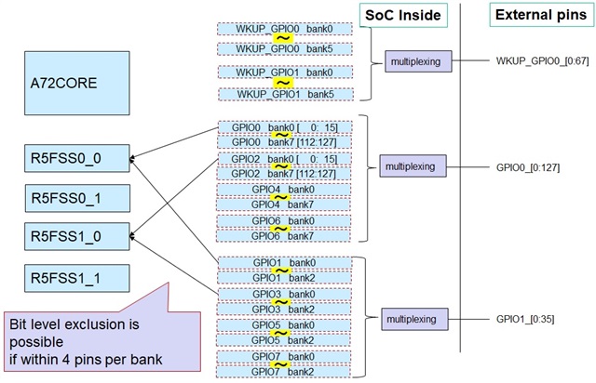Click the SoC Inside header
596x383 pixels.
pos(400,15)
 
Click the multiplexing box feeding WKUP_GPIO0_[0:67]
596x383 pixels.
pos(418,62)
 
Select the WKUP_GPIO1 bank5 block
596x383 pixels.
pos(283,93)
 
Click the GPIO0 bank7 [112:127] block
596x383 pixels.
pos(283,142)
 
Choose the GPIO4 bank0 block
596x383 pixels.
pos(283,190)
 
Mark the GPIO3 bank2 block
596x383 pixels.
pos(283,309)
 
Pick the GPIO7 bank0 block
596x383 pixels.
pos(283,357)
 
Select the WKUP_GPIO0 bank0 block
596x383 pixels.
pos(283,29)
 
